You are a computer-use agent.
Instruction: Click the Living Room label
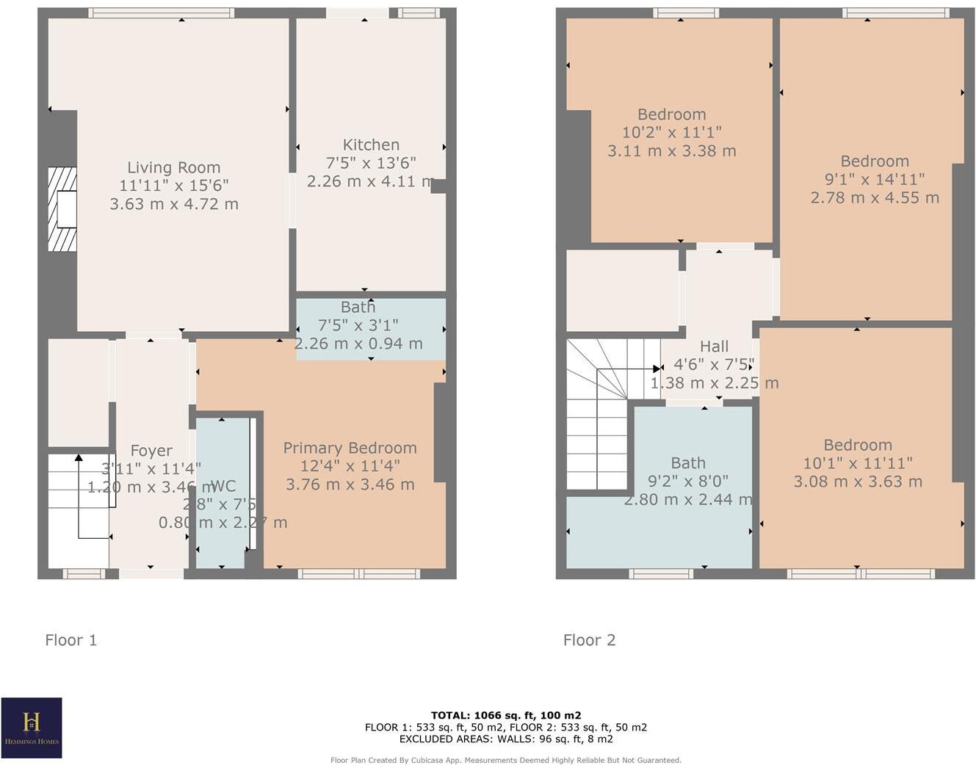(173, 167)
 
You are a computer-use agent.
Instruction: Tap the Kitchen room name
(371, 145)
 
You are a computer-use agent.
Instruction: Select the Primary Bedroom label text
(350, 448)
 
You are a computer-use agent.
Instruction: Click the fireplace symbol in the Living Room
(62, 209)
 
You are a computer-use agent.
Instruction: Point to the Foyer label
(151, 451)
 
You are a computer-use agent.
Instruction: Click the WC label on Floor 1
(223, 486)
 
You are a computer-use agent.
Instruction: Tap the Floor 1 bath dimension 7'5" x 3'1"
(358, 325)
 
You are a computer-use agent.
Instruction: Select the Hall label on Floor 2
(714, 347)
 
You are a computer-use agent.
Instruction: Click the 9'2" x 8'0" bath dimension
(688, 482)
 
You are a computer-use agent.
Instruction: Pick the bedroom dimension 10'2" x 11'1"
(671, 133)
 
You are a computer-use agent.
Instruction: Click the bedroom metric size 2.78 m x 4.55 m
(875, 197)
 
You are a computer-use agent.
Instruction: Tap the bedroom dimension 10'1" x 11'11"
(857, 463)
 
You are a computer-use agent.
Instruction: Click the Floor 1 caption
(71, 640)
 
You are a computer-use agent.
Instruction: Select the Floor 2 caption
(589, 640)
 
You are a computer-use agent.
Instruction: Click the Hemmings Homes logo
(32, 728)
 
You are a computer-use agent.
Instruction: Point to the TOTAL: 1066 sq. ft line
(506, 715)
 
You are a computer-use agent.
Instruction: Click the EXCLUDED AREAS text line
(506, 739)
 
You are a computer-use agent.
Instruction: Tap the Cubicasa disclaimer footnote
(506, 760)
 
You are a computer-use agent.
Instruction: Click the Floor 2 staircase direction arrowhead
(657, 369)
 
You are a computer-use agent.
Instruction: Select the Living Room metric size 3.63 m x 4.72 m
(174, 204)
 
